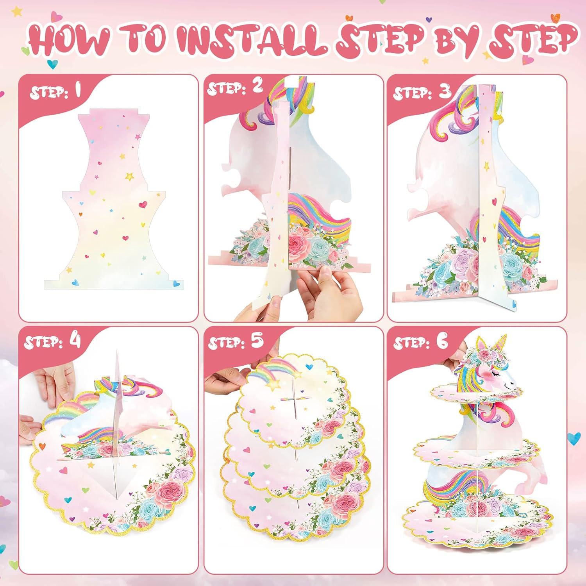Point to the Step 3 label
point(422,92)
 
